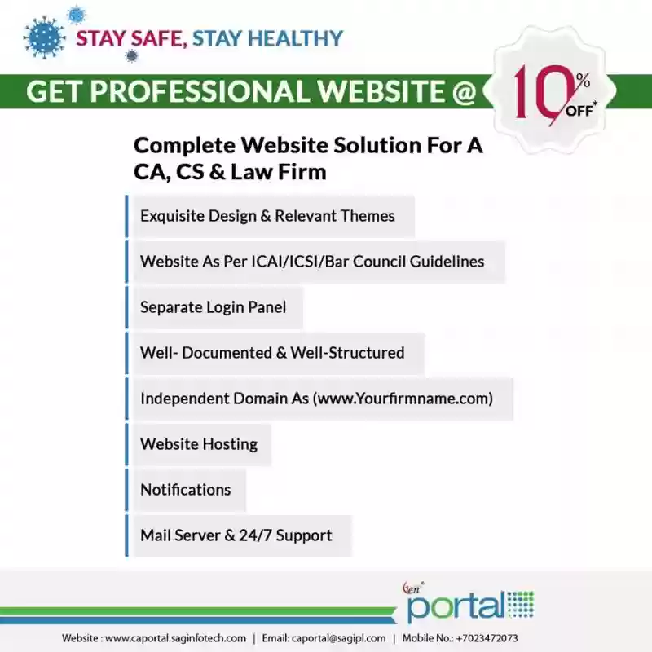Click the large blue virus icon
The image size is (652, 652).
click(x=45, y=38)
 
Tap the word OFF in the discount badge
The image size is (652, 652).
click(x=579, y=111)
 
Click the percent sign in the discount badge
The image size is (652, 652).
click(x=583, y=81)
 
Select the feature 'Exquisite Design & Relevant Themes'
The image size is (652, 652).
click(x=267, y=216)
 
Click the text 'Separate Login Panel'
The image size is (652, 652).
click(x=213, y=307)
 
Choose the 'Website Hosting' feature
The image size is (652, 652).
click(x=199, y=444)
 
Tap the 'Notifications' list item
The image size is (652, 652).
click(x=186, y=490)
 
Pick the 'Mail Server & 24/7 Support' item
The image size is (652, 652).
click(x=236, y=535)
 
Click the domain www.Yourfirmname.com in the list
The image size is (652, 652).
click(x=403, y=399)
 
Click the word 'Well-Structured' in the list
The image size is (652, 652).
click(x=347, y=353)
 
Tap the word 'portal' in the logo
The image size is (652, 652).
click(x=456, y=606)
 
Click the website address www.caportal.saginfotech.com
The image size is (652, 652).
click(x=175, y=638)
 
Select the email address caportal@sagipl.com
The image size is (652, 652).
click(x=338, y=638)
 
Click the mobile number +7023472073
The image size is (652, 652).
click(x=487, y=638)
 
